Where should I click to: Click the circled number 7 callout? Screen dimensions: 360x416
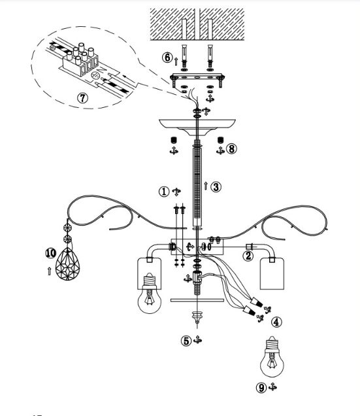click(x=82, y=98)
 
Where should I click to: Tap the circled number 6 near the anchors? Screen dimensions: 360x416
click(x=167, y=58)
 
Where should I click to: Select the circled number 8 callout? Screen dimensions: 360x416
click(x=231, y=149)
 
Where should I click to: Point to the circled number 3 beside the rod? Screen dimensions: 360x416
click(x=216, y=187)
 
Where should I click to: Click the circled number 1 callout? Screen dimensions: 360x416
click(x=164, y=191)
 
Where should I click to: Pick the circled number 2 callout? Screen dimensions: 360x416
click(x=248, y=256)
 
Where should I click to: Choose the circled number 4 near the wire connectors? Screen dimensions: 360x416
click(x=276, y=322)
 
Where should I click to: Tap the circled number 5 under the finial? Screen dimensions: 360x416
click(x=186, y=341)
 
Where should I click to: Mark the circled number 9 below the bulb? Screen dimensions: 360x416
click(x=261, y=388)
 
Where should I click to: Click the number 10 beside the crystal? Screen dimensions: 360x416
click(x=50, y=253)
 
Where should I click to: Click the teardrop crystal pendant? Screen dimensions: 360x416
click(x=67, y=264)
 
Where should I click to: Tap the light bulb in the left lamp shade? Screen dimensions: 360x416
click(x=150, y=294)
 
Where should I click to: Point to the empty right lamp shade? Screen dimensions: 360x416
click(x=272, y=273)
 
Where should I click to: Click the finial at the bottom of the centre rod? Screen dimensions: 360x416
click(x=197, y=317)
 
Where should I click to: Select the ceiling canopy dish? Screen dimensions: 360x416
click(x=197, y=127)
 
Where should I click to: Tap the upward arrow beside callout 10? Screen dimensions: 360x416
click(x=49, y=271)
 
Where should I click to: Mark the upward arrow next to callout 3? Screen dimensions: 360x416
click(x=206, y=186)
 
